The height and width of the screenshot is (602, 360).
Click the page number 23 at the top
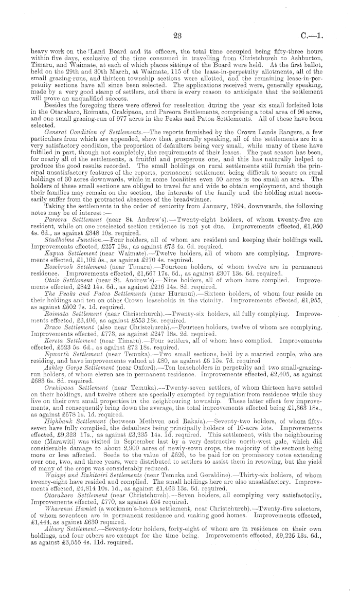[x=178, y=36]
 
